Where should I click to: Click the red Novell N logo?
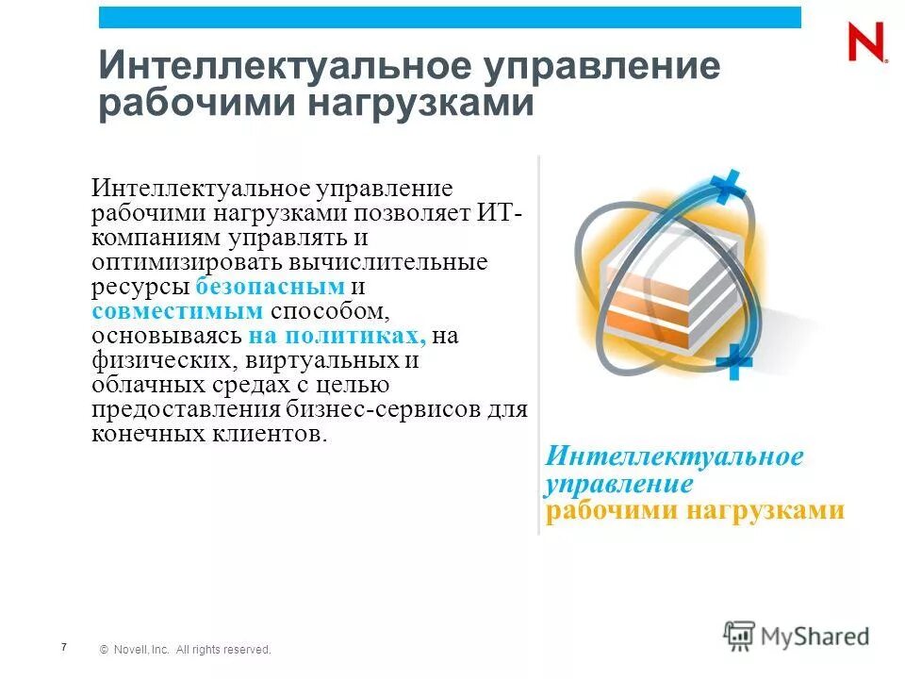pyautogui.click(x=865, y=42)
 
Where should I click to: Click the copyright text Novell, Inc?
pyautogui.click(x=140, y=650)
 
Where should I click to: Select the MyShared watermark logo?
pyautogui.click(x=797, y=636)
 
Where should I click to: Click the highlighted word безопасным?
pyautogui.click(x=271, y=287)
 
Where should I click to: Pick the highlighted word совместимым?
pyautogui.click(x=176, y=311)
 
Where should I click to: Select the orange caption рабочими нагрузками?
pyautogui.click(x=694, y=510)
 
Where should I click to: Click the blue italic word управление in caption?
pyautogui.click(x=619, y=484)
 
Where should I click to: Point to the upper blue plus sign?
pyautogui.click(x=725, y=188)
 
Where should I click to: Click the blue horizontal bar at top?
pyautogui.click(x=450, y=17)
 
